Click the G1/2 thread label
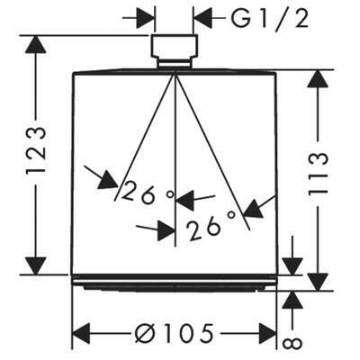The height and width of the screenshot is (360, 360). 270,20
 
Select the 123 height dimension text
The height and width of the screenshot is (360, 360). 36,150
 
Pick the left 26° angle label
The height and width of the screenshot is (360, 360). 148,194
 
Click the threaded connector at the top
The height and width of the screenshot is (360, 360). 174,51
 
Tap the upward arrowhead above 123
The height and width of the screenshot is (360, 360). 36,44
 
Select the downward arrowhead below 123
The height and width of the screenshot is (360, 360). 36,265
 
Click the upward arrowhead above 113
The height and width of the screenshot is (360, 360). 318,78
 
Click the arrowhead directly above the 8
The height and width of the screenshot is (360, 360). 292,300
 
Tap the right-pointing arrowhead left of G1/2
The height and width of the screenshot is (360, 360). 146,20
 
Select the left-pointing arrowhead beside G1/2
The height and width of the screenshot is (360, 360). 202,20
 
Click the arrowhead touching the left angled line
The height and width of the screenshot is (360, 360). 108,179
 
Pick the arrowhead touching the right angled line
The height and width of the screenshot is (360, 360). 254,209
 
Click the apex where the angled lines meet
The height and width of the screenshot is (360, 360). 175,72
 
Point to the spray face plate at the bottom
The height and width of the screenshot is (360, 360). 175,283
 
